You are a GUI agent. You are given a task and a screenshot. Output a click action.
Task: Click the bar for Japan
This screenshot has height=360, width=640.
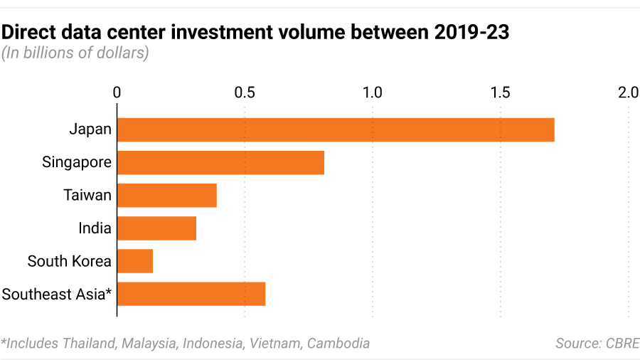coord(336,129)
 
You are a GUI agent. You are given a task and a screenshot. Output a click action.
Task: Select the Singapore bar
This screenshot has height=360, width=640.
coord(220,162)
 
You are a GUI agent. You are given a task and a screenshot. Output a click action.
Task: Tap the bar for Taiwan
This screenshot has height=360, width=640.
coord(167,195)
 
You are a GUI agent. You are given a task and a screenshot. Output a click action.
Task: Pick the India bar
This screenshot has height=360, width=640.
coord(156,228)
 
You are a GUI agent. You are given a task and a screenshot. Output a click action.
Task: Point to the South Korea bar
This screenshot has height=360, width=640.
coord(135,261)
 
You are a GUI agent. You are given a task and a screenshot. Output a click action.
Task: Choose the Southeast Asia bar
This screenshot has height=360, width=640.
coord(191,294)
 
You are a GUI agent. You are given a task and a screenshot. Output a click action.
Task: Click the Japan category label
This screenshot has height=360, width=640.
coord(90,129)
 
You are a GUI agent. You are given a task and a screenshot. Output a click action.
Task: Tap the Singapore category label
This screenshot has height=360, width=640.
coord(77,162)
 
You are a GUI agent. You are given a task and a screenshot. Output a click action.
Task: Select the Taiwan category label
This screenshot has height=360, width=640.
coord(87,195)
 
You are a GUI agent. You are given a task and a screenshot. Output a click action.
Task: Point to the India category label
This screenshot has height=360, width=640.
coord(95,228)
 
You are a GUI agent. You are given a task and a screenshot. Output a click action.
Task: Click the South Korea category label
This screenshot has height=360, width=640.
coord(70,261)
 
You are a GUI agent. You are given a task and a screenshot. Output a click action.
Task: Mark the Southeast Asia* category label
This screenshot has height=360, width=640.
coord(57,294)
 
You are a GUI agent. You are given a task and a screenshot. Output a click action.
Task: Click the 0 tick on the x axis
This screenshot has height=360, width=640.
coord(117,92)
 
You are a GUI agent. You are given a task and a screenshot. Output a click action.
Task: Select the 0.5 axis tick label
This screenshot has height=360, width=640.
coord(245,92)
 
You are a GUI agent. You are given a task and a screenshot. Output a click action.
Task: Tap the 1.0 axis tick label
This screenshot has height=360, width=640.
coord(373,92)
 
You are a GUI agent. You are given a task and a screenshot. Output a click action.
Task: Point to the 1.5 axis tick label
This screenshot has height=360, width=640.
coord(501,92)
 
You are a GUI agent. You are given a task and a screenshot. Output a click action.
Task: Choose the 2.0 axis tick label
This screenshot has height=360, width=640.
coord(628,92)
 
